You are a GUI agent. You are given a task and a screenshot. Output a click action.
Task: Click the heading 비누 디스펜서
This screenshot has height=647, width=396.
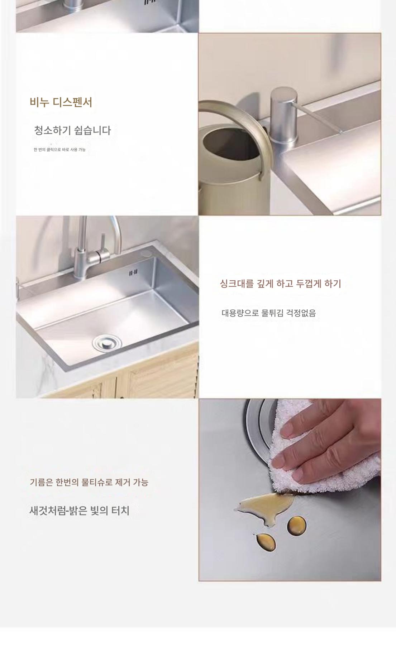pyautogui.click(x=61, y=102)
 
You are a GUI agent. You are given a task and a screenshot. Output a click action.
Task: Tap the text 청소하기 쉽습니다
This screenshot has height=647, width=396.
pyautogui.click(x=72, y=130)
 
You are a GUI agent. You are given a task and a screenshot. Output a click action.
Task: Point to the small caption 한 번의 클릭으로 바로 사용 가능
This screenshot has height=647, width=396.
pyautogui.click(x=59, y=149)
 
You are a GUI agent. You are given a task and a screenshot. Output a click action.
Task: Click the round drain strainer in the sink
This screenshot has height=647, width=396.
pyautogui.click(x=107, y=343)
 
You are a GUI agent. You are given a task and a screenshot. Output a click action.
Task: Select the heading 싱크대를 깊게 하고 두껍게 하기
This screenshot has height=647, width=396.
pyautogui.click(x=280, y=284)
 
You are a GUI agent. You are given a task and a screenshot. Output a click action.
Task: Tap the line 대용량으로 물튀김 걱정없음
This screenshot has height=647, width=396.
pyautogui.click(x=268, y=313)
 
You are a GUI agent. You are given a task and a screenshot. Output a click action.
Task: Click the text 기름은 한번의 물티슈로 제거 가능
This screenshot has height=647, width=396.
pyautogui.click(x=89, y=482)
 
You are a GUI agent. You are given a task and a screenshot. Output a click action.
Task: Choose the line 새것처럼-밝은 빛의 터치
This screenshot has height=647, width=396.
pyautogui.click(x=79, y=510)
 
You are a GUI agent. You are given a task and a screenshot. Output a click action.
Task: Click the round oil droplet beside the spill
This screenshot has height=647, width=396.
pyautogui.click(x=297, y=526)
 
